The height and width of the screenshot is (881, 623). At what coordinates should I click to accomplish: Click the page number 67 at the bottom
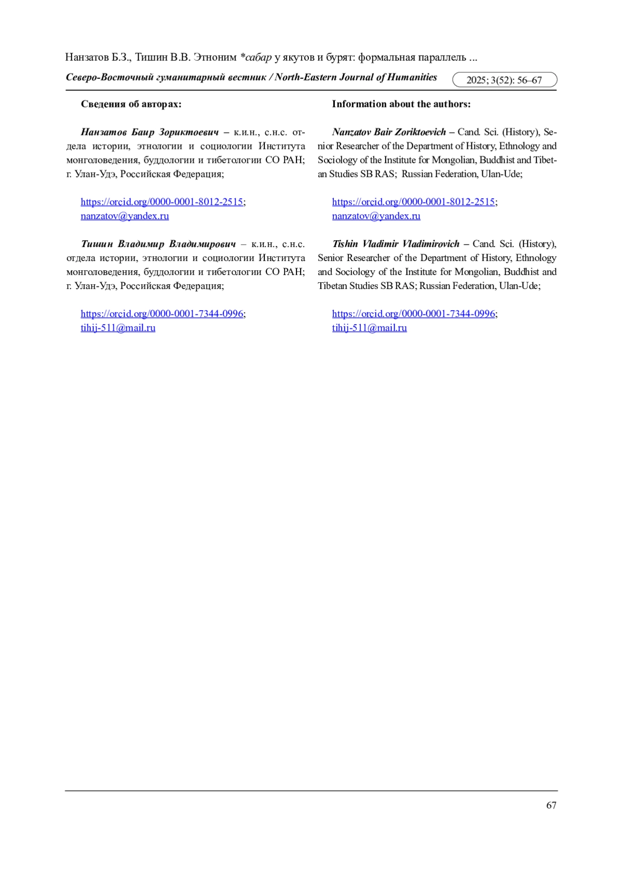coord(551,805)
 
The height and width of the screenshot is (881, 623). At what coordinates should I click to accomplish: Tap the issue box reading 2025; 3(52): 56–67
coord(504,80)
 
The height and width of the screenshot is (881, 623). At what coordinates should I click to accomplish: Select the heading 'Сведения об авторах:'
coord(131,104)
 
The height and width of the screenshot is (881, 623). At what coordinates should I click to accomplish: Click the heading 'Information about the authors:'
coord(401,104)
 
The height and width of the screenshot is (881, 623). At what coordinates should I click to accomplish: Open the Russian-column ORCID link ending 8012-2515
coord(161,202)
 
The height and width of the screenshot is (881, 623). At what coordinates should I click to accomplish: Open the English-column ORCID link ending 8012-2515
coord(413,202)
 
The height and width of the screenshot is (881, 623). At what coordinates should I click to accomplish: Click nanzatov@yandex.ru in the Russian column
coord(125,216)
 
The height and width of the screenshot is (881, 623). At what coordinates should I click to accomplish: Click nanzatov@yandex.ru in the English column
coord(376,216)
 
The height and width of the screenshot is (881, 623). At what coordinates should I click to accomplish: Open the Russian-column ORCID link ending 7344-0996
coord(161,314)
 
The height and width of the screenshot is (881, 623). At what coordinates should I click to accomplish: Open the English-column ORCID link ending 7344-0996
coord(413,314)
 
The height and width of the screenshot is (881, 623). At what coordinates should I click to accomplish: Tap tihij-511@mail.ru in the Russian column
coord(118,328)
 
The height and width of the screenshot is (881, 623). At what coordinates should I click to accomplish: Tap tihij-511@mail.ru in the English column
coord(369,328)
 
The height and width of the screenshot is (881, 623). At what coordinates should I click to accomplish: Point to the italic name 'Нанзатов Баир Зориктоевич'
coord(150,132)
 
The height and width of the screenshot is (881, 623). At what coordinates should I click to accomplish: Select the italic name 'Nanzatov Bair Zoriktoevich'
coord(389,132)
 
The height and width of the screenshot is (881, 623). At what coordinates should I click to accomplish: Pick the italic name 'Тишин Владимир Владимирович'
coord(158,244)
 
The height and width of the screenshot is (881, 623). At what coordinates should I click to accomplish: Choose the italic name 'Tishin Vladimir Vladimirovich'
coord(396,244)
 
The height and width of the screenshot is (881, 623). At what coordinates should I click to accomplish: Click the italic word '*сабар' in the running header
coord(256,57)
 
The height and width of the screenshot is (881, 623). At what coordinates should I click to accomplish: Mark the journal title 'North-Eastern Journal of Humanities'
coord(356,78)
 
